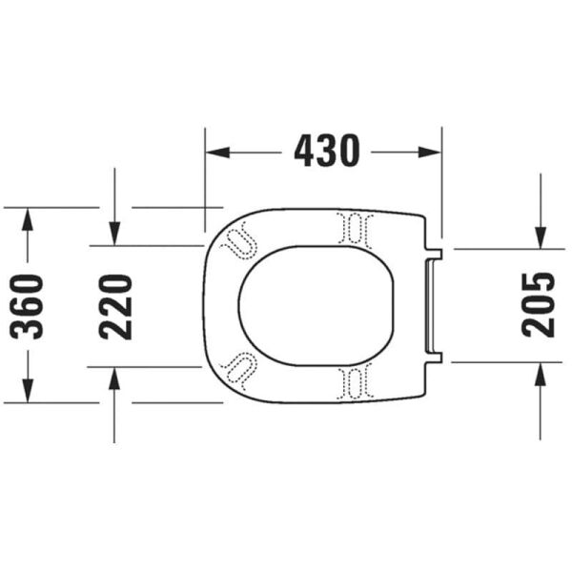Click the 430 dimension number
(x=327, y=151)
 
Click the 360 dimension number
(x=27, y=307)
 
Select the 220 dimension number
(x=115, y=307)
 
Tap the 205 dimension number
(x=538, y=305)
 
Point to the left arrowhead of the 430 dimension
(x=217, y=153)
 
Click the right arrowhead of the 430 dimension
(x=430, y=153)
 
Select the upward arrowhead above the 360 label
(x=28, y=219)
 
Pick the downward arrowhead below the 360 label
(x=28, y=391)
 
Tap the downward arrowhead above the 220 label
(x=115, y=234)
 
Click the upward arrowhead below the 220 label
(x=115, y=379)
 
